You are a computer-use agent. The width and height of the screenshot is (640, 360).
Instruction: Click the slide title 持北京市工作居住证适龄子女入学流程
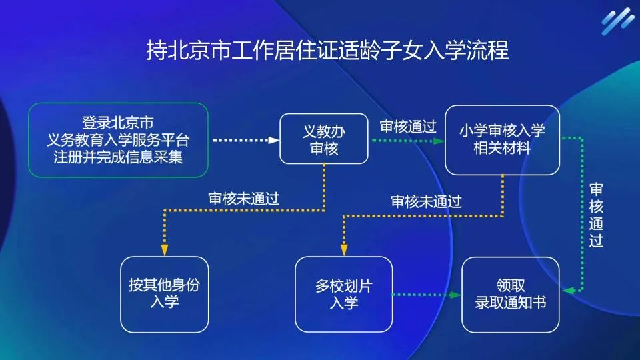327,51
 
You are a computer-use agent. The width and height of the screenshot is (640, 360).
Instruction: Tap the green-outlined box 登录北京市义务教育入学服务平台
118,140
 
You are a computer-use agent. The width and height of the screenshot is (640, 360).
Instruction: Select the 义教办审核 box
324,139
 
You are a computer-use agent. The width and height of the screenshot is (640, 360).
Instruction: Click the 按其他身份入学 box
164,294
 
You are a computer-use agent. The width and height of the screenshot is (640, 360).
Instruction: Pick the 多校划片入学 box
343,294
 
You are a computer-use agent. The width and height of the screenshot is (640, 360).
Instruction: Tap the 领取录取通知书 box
511,294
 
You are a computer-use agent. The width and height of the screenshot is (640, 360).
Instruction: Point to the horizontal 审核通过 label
407,126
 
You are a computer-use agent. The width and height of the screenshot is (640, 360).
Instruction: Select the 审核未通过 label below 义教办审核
243,198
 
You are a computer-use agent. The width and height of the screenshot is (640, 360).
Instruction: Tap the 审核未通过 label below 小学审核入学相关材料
426,201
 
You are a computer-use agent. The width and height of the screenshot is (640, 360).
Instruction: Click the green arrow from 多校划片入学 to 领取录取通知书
427,294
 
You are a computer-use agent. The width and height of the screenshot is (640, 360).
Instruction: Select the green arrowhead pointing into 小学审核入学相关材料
439,141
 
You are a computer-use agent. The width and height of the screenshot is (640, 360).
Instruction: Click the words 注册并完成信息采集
118,157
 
